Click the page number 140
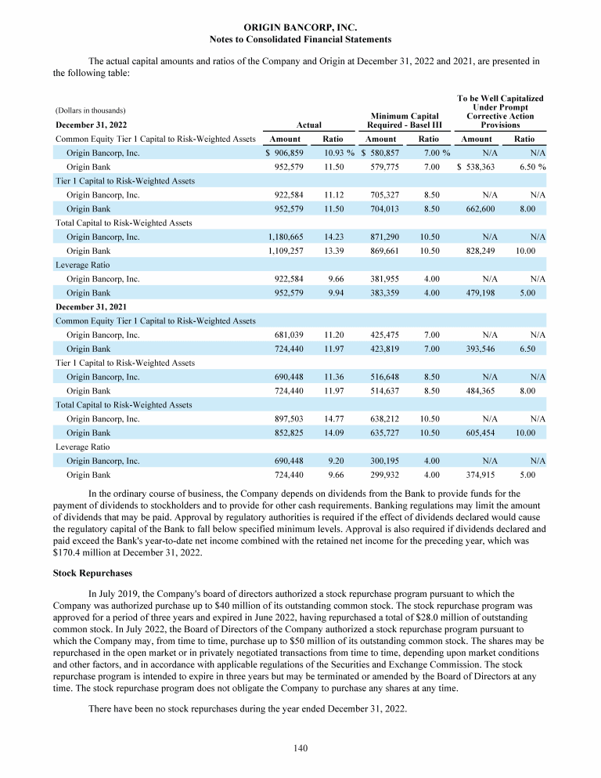click(x=300, y=747)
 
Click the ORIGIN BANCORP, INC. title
click(x=300, y=27)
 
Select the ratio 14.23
click(x=333, y=237)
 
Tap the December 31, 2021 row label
click(x=91, y=306)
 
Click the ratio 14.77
click(x=333, y=419)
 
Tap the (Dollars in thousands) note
click(x=91, y=110)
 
